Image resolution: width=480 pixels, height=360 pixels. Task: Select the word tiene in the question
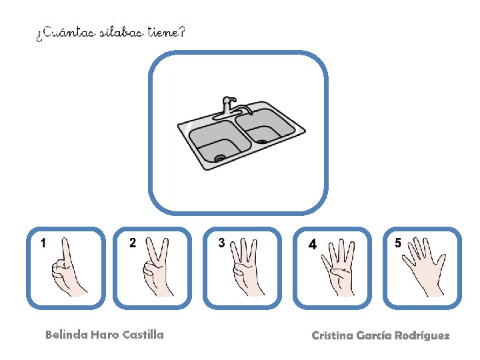coord(163,32)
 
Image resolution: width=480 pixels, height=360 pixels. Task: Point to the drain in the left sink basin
coord(219,158)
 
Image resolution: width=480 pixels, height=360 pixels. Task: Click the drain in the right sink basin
coord(262,141)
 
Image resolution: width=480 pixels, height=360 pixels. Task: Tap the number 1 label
coord(43,243)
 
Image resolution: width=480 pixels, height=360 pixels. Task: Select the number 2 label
coord(132,243)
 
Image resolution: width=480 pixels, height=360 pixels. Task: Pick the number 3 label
coord(221,243)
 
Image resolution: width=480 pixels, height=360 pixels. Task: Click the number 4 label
coord(313,244)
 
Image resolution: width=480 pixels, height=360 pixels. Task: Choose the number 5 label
coord(397,243)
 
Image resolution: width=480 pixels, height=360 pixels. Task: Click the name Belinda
coord(67,335)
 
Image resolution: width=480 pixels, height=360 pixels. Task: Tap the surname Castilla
coord(143,335)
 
